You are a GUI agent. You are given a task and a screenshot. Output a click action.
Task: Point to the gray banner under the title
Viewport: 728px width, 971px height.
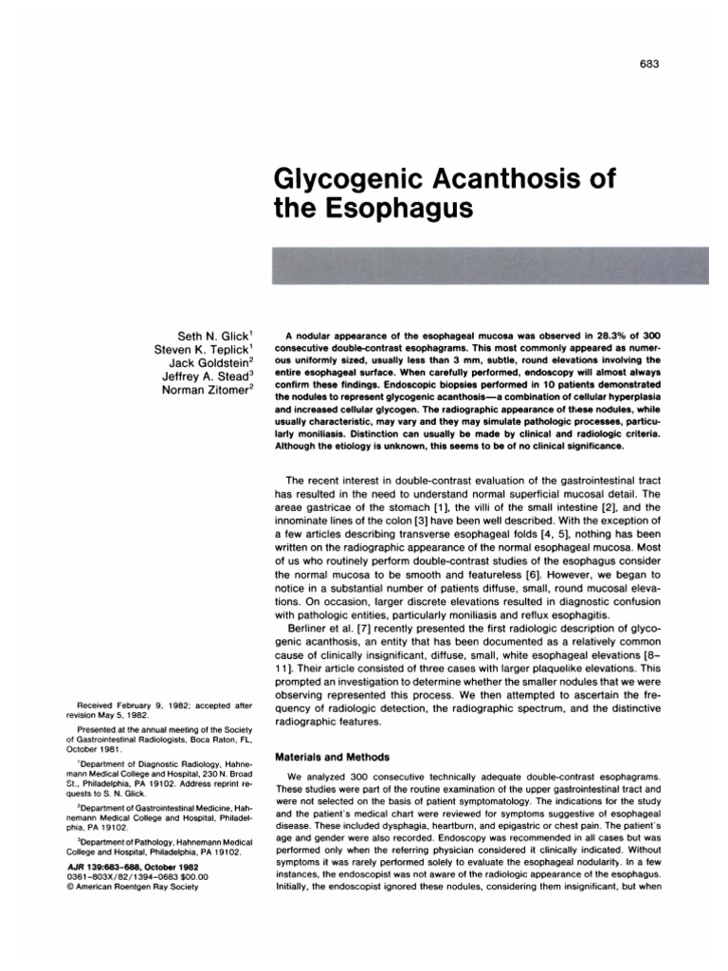click(490, 266)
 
